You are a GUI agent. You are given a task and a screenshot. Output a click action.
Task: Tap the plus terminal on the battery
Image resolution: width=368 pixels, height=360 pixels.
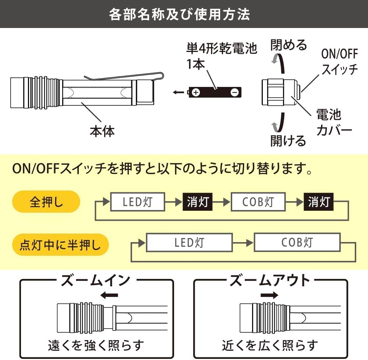pos(196,92)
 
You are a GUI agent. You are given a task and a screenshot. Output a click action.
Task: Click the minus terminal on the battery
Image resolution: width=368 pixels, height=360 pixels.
pos(234,92)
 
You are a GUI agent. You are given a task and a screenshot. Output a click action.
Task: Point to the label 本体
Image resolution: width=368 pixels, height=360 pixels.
pos(102,131)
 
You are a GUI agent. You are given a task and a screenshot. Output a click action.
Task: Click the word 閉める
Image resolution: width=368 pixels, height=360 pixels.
pos(289,45)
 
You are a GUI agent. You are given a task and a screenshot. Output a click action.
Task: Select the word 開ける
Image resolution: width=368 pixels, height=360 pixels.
pos(288,140)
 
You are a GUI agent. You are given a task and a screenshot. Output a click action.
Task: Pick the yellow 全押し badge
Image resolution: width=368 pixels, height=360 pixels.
pos(46,202)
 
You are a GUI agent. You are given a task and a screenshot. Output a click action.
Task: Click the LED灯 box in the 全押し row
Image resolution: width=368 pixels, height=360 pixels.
pos(138,202)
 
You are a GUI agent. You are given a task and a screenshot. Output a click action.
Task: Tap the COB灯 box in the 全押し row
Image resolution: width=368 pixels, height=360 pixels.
pos(258,202)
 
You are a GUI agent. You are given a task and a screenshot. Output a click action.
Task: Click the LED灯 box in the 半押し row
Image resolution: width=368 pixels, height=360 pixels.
pos(190,242)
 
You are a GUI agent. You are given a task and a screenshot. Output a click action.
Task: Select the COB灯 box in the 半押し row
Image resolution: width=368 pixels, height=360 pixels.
pos(297,242)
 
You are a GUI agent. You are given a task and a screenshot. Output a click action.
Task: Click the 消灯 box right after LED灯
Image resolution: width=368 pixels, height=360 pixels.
pos(198,202)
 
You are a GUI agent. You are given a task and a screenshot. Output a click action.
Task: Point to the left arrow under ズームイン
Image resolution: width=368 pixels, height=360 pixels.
pos(109,295)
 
